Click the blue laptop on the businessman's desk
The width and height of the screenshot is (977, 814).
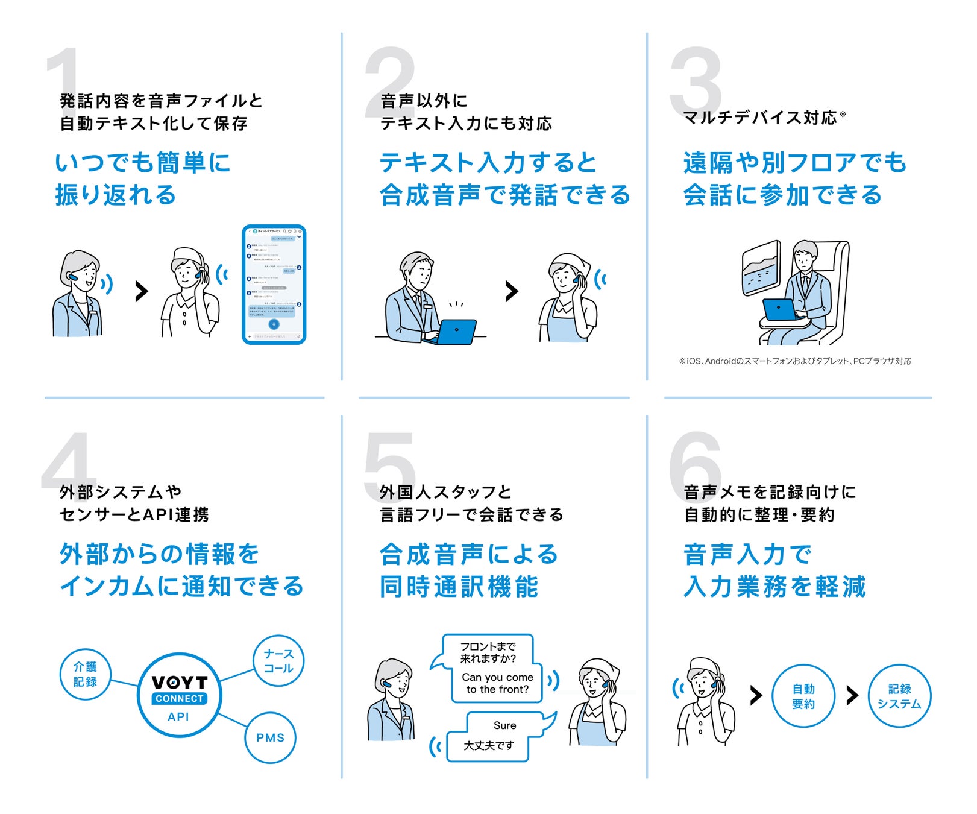point(456,331)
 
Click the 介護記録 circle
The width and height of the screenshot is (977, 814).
point(85,674)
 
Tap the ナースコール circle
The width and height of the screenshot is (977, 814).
point(278,661)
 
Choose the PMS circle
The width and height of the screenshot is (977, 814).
point(270,737)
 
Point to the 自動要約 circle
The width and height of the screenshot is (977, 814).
point(803,696)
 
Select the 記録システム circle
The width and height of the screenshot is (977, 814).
point(899,696)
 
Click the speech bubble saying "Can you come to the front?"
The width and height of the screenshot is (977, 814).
point(497,683)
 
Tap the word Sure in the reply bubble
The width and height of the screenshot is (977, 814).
point(504,725)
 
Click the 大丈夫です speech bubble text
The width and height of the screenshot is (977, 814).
point(488,746)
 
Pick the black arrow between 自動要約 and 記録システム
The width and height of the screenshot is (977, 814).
point(852,695)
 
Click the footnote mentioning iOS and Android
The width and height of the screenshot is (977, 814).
point(795,361)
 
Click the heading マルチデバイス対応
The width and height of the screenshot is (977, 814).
point(760,117)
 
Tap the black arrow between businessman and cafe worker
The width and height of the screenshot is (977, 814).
point(512,291)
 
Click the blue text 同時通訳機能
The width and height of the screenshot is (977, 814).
point(459,587)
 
